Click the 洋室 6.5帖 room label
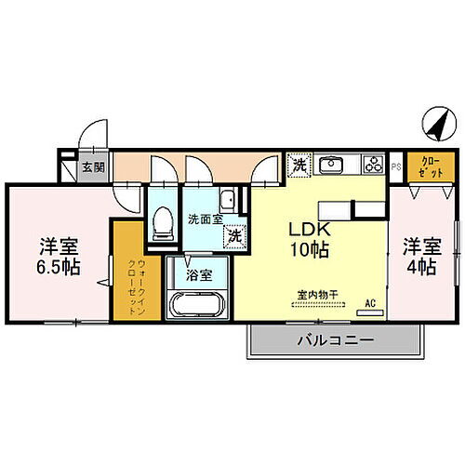pos(58,257)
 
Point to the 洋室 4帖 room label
pos(420,257)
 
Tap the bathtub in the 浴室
pos(196,305)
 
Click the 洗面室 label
pos(204,220)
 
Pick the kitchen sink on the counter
pos(331,166)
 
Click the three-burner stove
pos(374,166)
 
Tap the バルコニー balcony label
pos(336,341)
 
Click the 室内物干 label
pos(317,295)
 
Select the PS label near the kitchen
pos(396,167)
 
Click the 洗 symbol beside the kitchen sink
pos(299,165)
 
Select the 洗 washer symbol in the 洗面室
pos(237,235)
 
